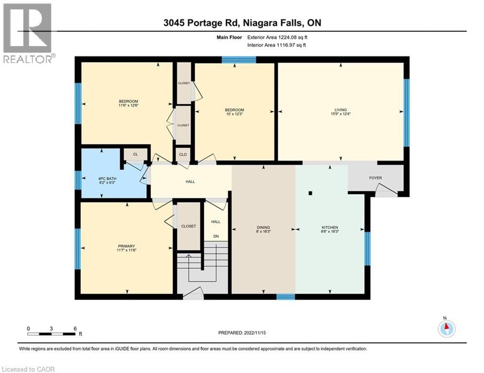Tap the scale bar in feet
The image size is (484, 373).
point(52,334)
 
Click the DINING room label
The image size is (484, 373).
point(264,227)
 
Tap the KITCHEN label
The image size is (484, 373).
point(329,227)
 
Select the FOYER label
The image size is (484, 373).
point(376,178)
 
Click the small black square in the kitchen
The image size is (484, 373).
point(310,193)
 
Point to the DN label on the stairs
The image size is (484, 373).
point(215,236)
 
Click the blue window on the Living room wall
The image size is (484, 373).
point(407,112)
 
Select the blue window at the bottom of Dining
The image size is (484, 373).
point(286,296)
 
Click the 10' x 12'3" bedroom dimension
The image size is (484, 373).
point(235,115)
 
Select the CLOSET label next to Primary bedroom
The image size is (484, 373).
point(188,226)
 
